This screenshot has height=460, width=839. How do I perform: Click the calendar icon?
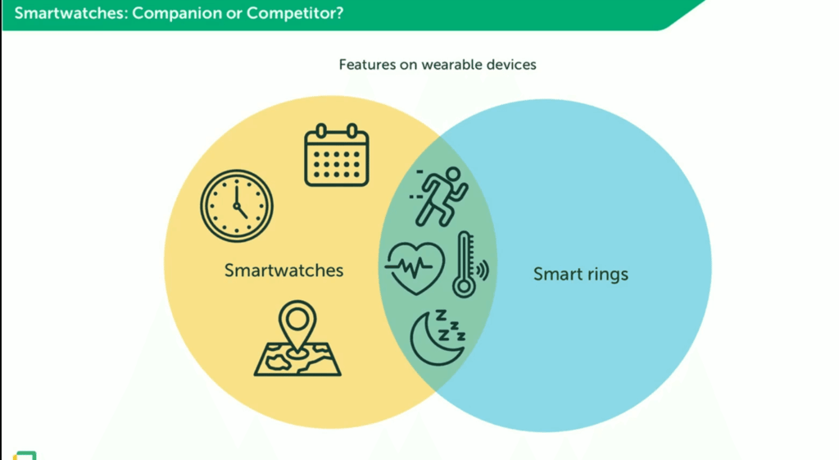337,155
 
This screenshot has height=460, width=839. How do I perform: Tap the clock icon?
237,206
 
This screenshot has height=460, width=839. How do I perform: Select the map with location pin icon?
297,339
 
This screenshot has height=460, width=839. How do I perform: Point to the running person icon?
440,196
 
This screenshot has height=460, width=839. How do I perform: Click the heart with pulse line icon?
415,268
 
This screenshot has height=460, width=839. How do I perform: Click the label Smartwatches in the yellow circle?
283,271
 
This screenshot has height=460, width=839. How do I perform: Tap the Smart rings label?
581,274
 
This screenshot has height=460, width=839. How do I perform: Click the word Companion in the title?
177,13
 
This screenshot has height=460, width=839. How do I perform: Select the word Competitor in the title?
295,13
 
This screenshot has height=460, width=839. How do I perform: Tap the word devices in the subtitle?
511,65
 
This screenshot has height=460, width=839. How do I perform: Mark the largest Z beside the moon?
441,315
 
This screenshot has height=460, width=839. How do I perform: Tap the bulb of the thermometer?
464,286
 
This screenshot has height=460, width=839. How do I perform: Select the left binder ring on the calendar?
321,130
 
